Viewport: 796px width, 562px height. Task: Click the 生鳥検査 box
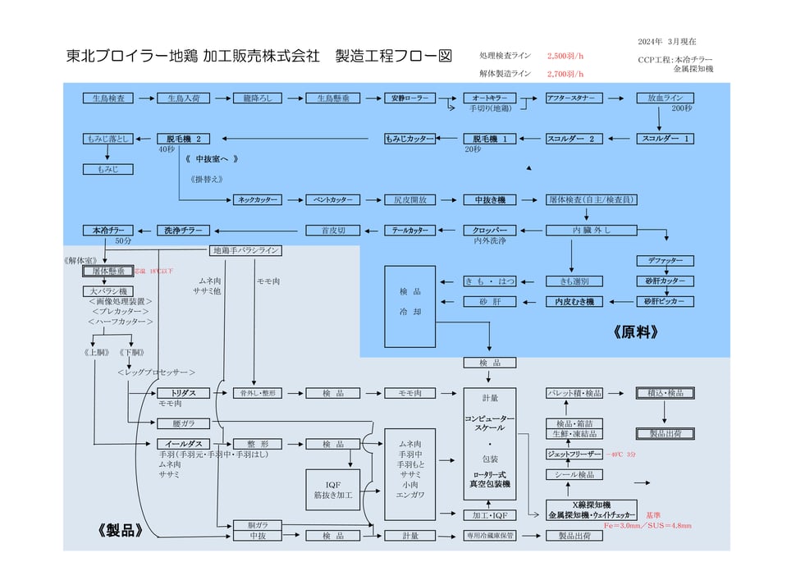(x=108, y=98)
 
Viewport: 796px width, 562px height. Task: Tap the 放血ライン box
(x=665, y=98)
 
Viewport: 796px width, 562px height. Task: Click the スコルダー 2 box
(x=570, y=139)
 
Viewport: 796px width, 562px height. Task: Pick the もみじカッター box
(x=409, y=139)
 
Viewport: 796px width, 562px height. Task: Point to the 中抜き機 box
(x=490, y=199)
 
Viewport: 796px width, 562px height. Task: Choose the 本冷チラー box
(x=108, y=230)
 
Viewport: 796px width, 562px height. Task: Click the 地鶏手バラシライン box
(x=246, y=250)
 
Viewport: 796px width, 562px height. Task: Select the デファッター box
(x=665, y=261)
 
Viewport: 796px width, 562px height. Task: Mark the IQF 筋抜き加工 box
(x=332, y=490)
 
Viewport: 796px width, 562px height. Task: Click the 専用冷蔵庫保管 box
(x=490, y=536)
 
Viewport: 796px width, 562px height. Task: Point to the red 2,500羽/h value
(x=565, y=56)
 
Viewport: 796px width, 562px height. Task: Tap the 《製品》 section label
(x=121, y=530)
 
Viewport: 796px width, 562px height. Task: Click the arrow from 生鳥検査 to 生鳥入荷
(x=145, y=98)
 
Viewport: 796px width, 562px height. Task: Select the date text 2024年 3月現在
(x=666, y=41)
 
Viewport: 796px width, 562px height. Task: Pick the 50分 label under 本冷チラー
(x=123, y=241)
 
